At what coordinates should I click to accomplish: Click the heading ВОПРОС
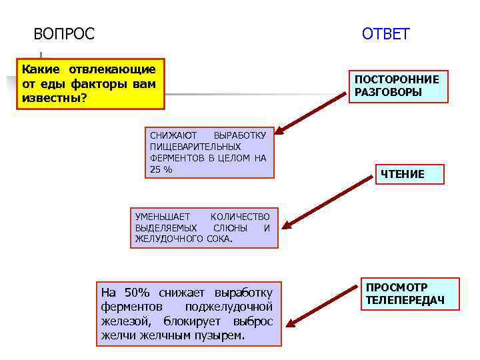point(64,33)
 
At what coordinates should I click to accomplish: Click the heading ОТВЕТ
point(386,34)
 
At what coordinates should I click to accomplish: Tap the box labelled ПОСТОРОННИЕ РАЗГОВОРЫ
point(397,86)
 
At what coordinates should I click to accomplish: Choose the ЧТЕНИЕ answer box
point(402,175)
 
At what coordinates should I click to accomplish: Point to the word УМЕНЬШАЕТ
point(163,216)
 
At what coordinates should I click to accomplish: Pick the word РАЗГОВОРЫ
point(388,93)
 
